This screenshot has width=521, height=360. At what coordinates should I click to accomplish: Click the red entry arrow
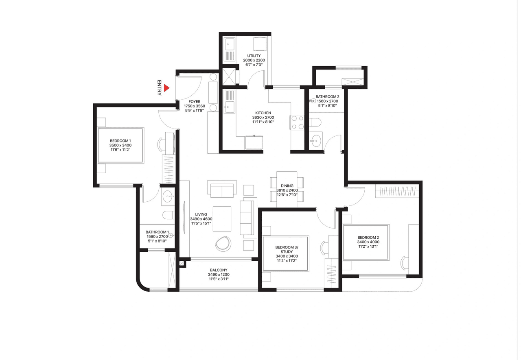pyautogui.click(x=166, y=87)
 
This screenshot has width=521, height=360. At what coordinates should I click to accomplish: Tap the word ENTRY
pyautogui.click(x=160, y=87)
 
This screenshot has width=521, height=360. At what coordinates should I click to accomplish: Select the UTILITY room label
pyautogui.click(x=254, y=56)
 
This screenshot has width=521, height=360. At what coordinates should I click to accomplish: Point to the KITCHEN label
pyautogui.click(x=263, y=113)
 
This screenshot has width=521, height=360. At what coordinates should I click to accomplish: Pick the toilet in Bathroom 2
pyautogui.click(x=315, y=122)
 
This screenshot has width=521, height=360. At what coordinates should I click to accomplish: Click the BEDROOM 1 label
pyautogui.click(x=120, y=141)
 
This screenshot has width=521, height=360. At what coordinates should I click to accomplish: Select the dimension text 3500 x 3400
pyautogui.click(x=120, y=145)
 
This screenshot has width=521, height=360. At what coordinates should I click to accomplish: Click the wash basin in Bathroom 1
pyautogui.click(x=167, y=197)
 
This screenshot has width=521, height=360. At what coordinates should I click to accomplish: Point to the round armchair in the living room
pyautogui.click(x=222, y=243)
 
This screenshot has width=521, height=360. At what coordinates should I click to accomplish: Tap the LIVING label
pyautogui.click(x=201, y=214)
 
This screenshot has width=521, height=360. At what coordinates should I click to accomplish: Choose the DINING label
pyautogui.click(x=287, y=185)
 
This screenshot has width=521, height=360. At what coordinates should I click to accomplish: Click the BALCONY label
pyautogui.click(x=219, y=270)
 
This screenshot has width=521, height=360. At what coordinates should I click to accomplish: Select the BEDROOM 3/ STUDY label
pyautogui.click(x=287, y=249)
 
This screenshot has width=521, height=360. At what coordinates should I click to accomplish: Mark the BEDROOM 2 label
pyautogui.click(x=368, y=238)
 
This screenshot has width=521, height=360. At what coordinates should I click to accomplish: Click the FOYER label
pyautogui.click(x=195, y=101)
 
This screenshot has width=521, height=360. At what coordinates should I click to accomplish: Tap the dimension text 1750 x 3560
pyautogui.click(x=195, y=106)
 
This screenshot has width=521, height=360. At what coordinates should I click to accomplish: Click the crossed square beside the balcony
pyautogui.click(x=182, y=264)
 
